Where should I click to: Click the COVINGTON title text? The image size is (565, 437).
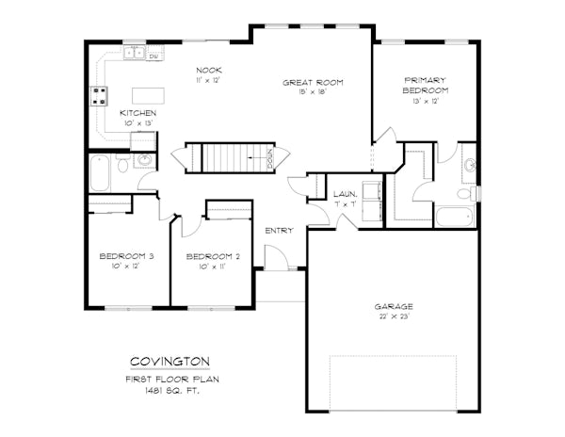tap(169, 361)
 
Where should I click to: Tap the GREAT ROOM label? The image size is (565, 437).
tap(313, 83)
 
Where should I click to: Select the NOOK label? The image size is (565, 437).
tap(209, 70)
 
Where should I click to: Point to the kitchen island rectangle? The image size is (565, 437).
tap(148, 95)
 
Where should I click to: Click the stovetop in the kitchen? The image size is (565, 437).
tap(99, 96)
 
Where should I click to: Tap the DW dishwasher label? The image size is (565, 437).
tap(153, 57)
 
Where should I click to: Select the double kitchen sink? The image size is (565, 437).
tap(134, 53)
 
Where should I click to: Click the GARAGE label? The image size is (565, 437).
tap(394, 307)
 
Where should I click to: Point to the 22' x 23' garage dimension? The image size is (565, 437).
tap(394, 316)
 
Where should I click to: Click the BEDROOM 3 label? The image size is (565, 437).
tap(126, 256)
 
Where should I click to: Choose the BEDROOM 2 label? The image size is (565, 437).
tap(213, 256)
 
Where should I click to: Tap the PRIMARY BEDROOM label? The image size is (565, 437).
tap(426, 86)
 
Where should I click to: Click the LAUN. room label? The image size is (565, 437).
tap(346, 194)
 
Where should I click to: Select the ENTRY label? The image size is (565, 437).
tap(279, 231)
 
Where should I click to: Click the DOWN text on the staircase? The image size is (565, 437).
tap(270, 157)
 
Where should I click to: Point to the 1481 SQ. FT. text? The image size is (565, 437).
tap(172, 390)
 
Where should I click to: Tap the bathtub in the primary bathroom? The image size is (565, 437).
tap(454, 217)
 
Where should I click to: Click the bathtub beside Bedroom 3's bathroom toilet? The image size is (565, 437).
tap(100, 173)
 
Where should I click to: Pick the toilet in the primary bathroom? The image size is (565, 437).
tap(466, 193)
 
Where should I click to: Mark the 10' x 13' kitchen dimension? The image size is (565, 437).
tap(138, 122)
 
